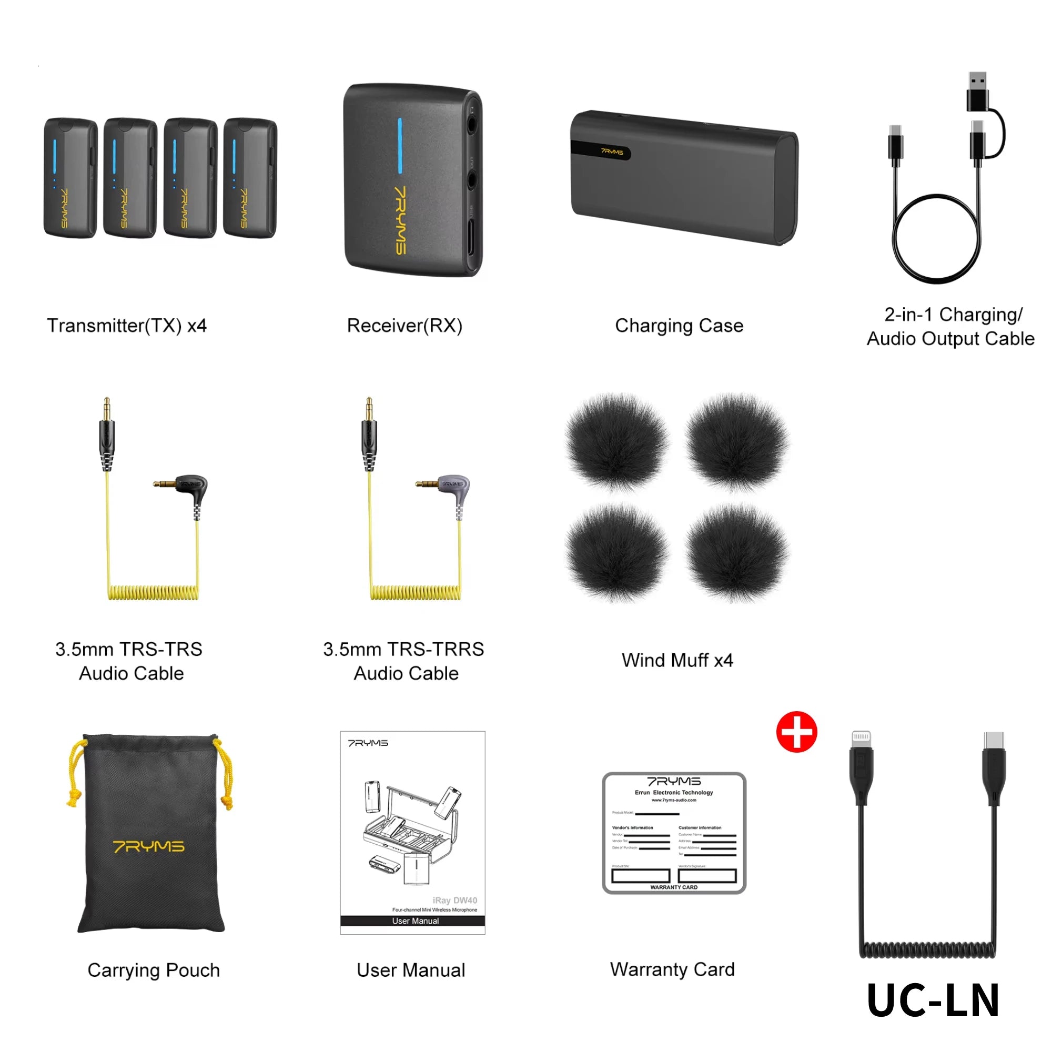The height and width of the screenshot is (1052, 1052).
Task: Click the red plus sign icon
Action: [x=796, y=732]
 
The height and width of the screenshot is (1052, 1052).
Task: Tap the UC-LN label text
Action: [x=933, y=1000]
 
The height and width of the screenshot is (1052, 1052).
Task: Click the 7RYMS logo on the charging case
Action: [x=612, y=152]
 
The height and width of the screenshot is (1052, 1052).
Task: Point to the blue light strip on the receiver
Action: [x=400, y=146]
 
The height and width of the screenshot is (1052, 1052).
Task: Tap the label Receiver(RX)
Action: [x=404, y=326]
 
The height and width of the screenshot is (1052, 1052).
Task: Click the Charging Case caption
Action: [x=679, y=326]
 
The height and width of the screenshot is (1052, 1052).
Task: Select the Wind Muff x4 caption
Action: [x=677, y=660]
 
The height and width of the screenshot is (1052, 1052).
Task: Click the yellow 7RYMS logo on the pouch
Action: [x=149, y=846]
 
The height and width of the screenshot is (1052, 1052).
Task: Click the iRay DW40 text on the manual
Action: [x=454, y=900]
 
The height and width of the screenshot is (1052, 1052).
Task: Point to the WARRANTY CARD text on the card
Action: [x=674, y=887]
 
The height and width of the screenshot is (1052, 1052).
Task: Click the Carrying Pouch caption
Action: [x=154, y=970]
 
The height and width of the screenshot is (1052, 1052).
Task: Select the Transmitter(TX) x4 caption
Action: [x=127, y=326]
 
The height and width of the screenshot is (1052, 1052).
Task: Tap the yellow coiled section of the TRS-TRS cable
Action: [x=154, y=592]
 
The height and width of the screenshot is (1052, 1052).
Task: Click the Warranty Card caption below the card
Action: [x=672, y=969]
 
